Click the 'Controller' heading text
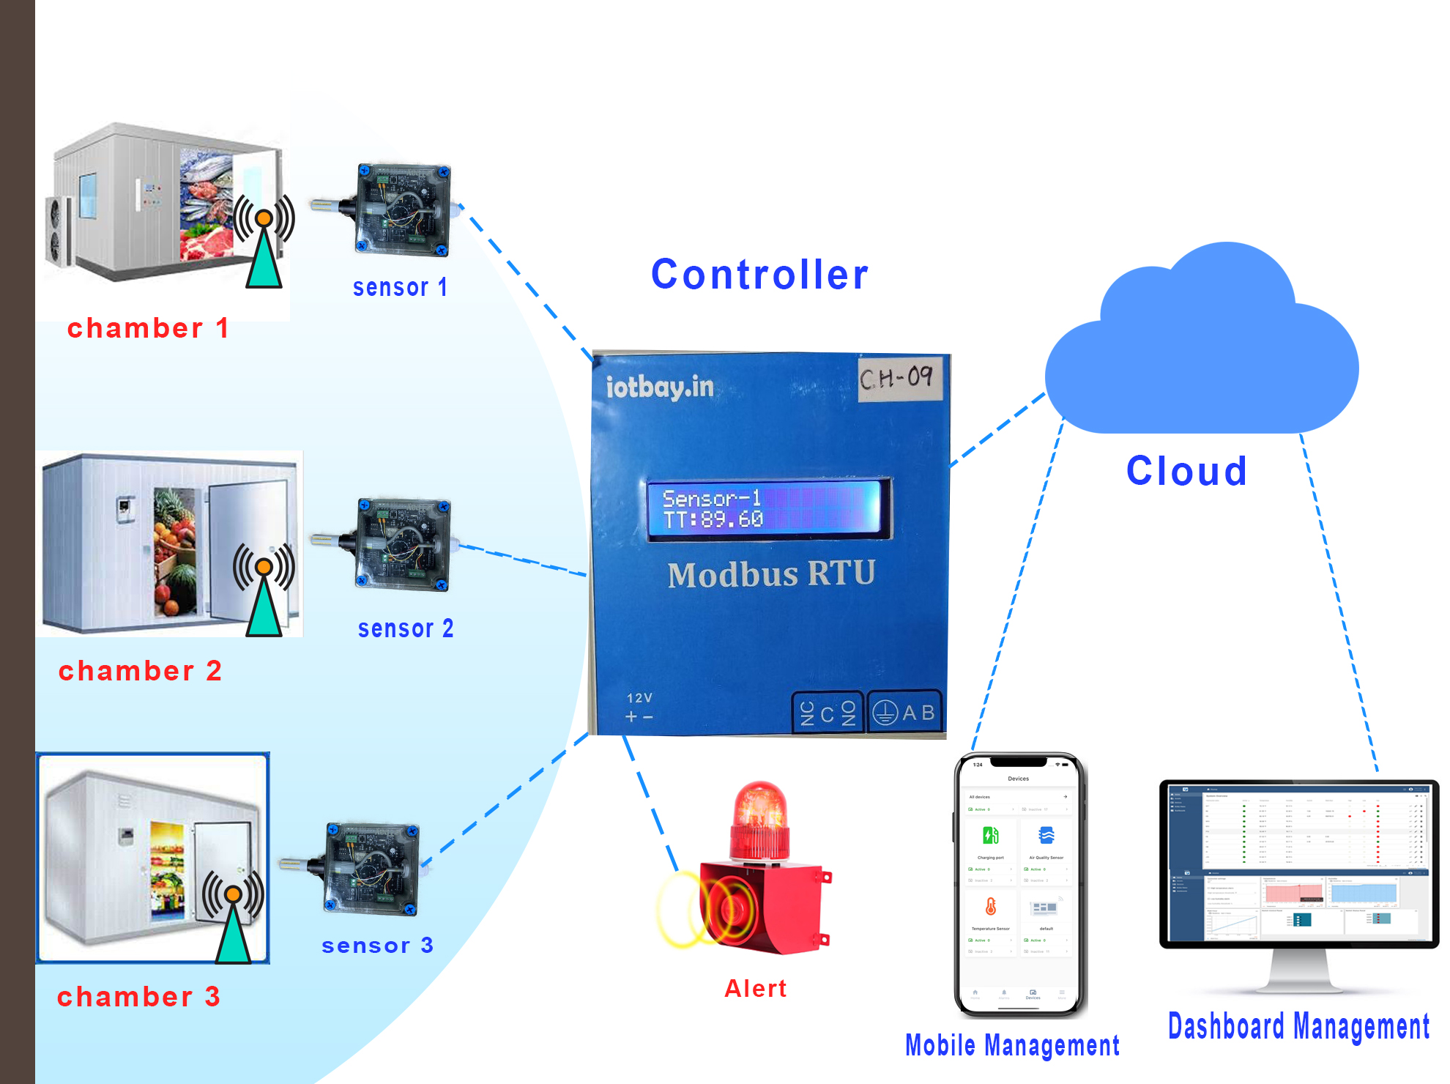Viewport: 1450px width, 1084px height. [759, 275]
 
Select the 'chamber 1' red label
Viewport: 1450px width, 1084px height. [147, 328]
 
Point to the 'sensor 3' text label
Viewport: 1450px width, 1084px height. [377, 945]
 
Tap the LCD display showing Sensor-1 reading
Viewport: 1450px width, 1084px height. [767, 509]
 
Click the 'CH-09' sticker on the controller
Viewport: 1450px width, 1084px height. [899, 378]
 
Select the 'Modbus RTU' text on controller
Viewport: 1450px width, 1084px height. [771, 573]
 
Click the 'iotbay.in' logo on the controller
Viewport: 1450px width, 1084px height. [659, 387]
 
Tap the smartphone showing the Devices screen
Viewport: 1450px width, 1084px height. [1019, 885]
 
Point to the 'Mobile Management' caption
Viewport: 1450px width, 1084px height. [1012, 1045]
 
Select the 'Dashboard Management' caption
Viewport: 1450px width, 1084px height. [1298, 1026]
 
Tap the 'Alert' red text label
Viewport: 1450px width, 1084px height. [755, 988]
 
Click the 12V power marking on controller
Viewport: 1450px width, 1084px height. [639, 708]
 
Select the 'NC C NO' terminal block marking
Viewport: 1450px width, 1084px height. [828, 713]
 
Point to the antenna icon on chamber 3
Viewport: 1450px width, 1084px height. [233, 916]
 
